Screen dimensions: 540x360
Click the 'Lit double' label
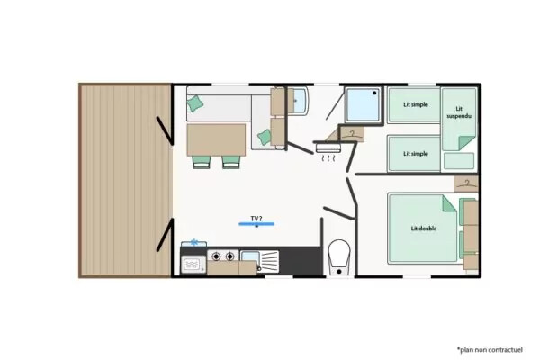[x=424, y=229]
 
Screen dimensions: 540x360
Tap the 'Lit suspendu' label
[x=459, y=112]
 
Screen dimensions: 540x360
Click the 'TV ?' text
[x=256, y=219]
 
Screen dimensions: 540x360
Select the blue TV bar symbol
[x=256, y=224]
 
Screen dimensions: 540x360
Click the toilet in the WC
[x=339, y=257]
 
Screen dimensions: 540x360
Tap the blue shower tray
[x=363, y=104]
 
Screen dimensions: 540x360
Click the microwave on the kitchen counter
[x=193, y=265]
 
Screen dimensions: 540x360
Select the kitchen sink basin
[x=250, y=257]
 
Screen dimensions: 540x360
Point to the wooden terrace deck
[x=125, y=180]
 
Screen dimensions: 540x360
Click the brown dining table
[x=216, y=140]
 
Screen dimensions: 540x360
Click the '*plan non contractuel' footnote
[x=490, y=350]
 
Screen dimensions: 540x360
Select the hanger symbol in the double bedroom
[x=467, y=184]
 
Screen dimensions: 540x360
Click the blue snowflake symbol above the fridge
[x=194, y=242]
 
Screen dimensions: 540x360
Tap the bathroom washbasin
[x=297, y=100]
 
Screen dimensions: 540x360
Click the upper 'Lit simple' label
[x=416, y=104]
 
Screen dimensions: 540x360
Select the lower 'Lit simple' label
[x=416, y=154]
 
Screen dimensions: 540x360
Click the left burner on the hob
[x=216, y=256]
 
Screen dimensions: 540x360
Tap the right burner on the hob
[x=229, y=256]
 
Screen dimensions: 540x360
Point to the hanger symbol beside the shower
[x=352, y=134]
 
